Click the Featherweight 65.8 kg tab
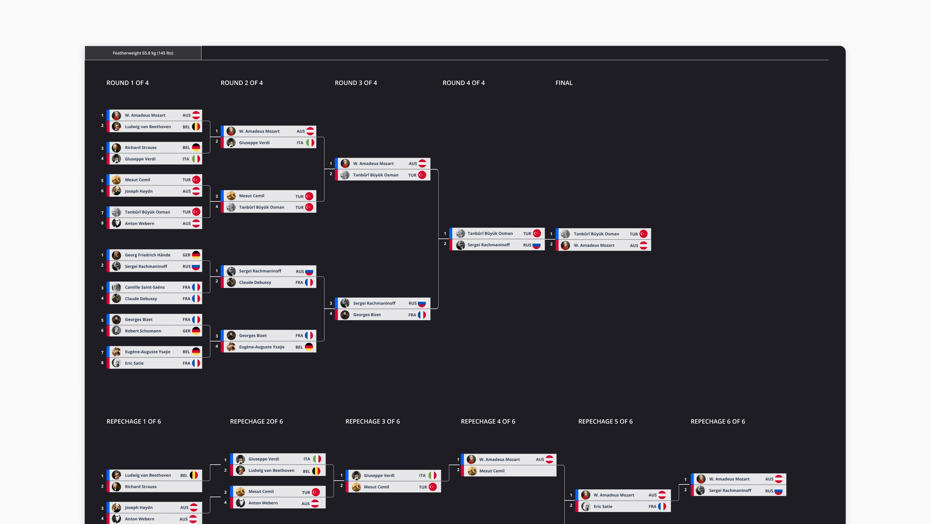tap(143, 53)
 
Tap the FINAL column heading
tap(564, 83)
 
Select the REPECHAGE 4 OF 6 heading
tap(488, 421)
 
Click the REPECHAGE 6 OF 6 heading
tap(718, 421)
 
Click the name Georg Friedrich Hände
tap(148, 255)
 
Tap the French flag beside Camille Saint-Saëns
tap(196, 287)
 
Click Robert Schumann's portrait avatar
tap(116, 330)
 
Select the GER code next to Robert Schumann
tap(186, 331)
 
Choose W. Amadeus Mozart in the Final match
tap(594, 245)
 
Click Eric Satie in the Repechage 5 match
tap(603, 506)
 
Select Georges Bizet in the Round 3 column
tap(367, 315)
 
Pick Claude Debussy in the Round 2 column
tap(255, 282)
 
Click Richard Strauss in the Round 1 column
tap(141, 148)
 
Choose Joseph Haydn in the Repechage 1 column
tap(139, 507)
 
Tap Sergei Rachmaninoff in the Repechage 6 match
tap(730, 490)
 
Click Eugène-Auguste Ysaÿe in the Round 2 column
tap(262, 347)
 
